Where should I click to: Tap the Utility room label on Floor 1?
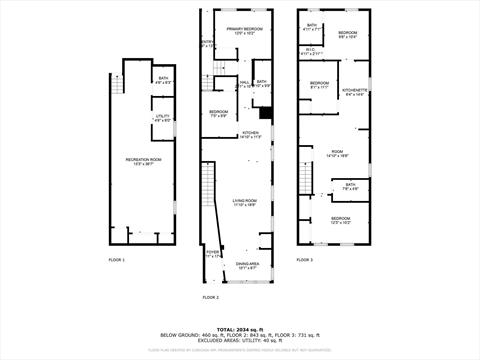163,117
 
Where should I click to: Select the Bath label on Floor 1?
163,79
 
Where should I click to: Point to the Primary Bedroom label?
243,31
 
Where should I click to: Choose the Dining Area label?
246,266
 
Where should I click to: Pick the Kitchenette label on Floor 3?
356,92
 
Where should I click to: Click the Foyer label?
212,254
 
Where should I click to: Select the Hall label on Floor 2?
244,84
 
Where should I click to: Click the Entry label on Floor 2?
207,43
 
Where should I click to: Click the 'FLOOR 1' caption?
117,260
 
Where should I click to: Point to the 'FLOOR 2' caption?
210,297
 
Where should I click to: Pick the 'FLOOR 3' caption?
304,260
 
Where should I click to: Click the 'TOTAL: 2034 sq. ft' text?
240,328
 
